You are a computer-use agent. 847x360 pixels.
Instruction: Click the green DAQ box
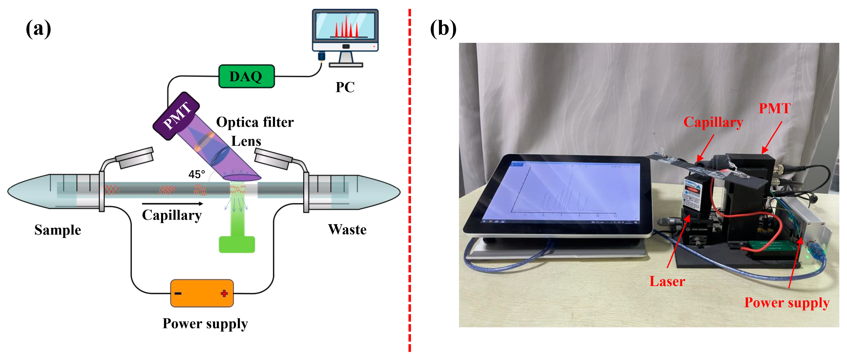[246, 76]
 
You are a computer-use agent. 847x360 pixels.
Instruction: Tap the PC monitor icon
[345, 31]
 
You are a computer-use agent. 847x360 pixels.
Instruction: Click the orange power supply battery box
[201, 293]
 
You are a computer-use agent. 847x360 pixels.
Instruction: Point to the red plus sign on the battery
[224, 293]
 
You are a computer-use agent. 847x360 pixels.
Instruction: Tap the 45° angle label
[197, 174]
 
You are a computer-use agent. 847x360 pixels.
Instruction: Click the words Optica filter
[255, 122]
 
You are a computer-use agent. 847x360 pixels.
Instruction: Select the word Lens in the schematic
[246, 141]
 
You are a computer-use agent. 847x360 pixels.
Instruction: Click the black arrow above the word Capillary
[172, 204]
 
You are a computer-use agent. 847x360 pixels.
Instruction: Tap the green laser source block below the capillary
[237, 244]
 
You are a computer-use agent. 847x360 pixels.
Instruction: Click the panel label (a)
[38, 29]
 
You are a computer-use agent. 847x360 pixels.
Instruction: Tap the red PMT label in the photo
[774, 108]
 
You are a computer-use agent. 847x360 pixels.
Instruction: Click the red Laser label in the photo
[667, 281]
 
